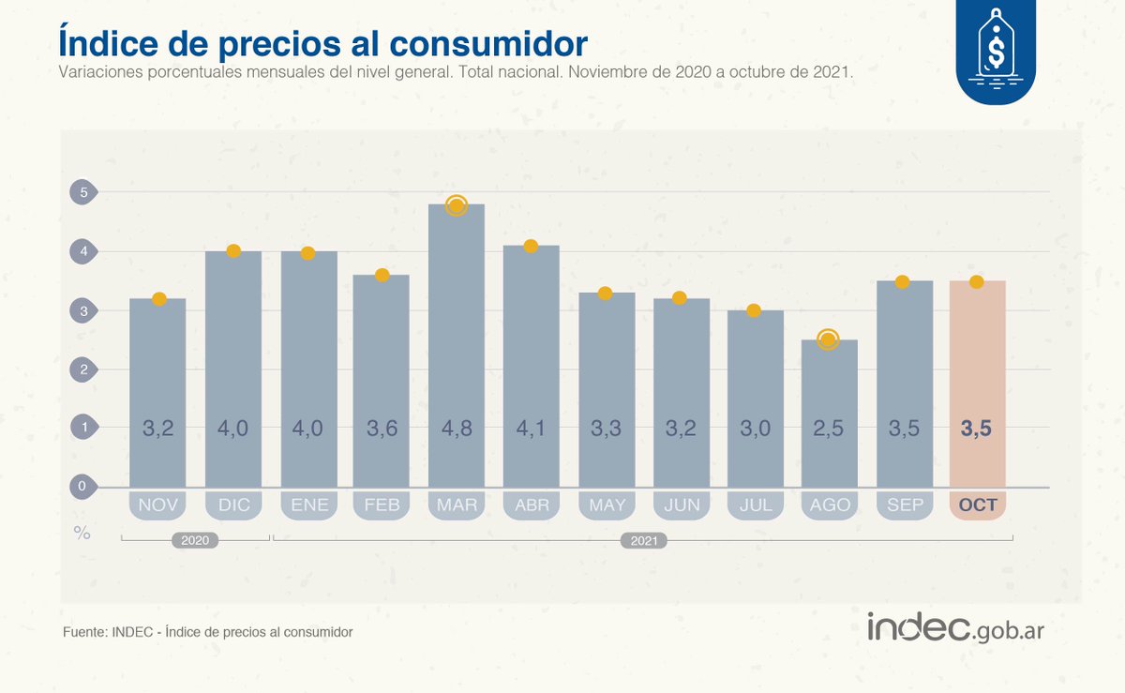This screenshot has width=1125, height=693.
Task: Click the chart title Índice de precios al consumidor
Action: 322,42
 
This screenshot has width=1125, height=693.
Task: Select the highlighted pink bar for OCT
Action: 977,375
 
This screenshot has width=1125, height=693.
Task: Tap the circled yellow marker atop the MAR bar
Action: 457,205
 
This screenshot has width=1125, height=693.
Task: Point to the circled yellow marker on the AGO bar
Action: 828,339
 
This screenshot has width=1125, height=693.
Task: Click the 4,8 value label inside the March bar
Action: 457,429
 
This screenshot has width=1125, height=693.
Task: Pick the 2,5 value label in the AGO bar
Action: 829,429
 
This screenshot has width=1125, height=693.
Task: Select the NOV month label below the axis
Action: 157,505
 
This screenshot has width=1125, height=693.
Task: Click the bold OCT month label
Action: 977,505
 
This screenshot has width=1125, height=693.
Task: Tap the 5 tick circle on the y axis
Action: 83,193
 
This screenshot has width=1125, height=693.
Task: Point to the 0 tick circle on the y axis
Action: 83,486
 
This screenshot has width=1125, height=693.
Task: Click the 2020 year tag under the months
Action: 194,540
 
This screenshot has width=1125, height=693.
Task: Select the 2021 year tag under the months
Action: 643,540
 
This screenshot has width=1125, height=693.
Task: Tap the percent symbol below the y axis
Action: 82,533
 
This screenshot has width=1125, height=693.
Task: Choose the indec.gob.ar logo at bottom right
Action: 954,628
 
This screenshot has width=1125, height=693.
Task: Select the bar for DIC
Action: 233,375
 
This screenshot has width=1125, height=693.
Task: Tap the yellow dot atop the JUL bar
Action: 753,310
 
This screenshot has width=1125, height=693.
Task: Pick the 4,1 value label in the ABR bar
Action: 531,429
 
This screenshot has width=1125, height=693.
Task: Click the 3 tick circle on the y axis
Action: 83,310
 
